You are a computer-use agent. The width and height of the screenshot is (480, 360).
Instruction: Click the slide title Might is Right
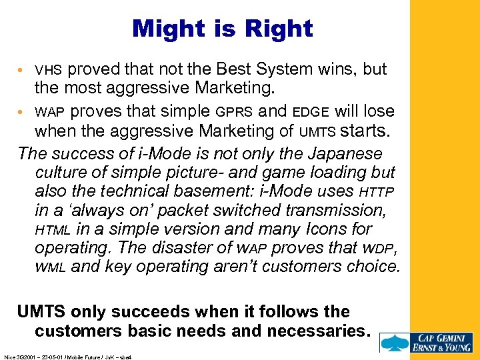pyautogui.click(x=222, y=29)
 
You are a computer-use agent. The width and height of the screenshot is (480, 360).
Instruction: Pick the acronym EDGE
pyautogui.click(x=312, y=112)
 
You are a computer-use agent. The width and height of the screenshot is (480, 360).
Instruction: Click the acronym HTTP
pyautogui.click(x=377, y=192)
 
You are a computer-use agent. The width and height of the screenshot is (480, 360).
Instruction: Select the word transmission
pyautogui.click(x=339, y=211)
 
